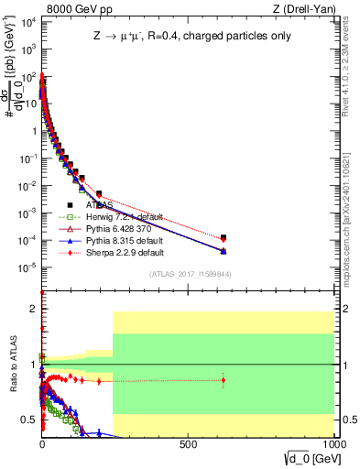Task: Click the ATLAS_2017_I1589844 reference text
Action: click(191, 274)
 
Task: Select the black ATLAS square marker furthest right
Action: click(224, 237)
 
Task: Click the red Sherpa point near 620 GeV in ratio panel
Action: click(224, 380)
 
